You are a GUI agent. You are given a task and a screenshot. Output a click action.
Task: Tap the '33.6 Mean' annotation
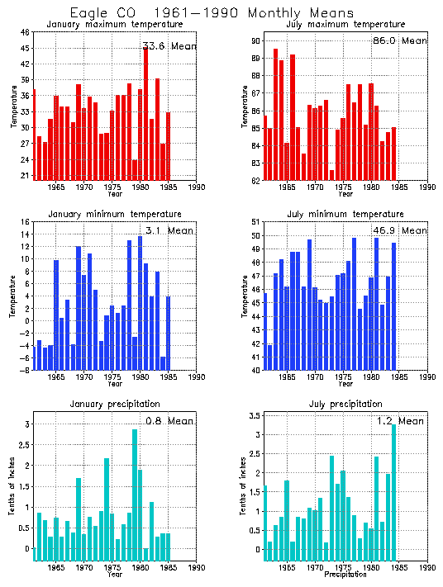point(169,46)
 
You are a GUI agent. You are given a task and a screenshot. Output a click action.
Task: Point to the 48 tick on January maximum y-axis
point(25,32)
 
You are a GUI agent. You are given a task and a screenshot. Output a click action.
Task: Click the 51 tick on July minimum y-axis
point(255,222)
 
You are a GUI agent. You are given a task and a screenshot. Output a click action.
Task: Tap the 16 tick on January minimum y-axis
point(25,222)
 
